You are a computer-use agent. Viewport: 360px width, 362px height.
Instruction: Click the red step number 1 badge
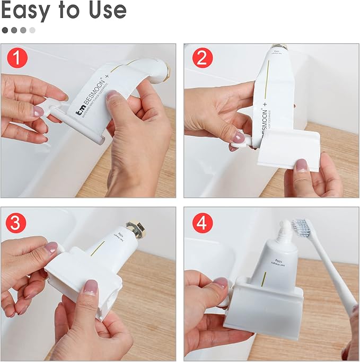pyautogui.click(x=17, y=58)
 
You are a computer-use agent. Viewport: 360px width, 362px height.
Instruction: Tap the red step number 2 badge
pyautogui.click(x=201, y=58)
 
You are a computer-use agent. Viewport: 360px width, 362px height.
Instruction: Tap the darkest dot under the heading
pyautogui.click(x=5, y=30)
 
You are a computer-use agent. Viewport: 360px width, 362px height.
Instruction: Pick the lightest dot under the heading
pyautogui.click(x=32, y=30)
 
